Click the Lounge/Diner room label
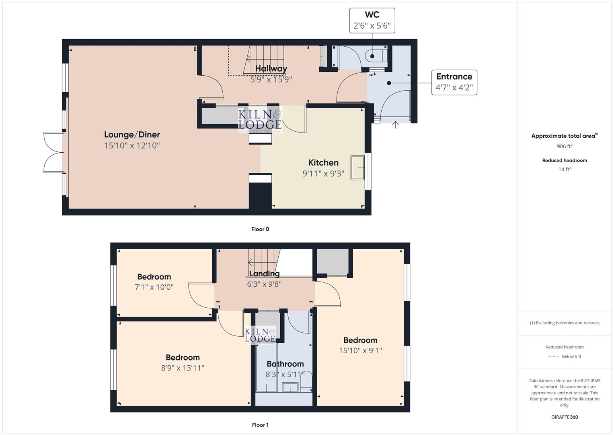(132, 135)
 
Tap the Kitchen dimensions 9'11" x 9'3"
(323, 174)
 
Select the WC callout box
(372, 21)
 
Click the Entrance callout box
(454, 82)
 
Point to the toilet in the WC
(375, 56)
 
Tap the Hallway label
(271, 68)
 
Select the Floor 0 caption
(260, 229)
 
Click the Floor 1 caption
(260, 425)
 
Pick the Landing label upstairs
(264, 273)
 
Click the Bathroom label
(285, 364)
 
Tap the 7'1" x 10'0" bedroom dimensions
(154, 287)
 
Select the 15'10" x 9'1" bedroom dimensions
(360, 350)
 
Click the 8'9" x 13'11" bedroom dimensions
(183, 368)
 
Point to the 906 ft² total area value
(565, 146)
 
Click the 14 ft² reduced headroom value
(565, 169)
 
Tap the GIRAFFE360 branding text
(565, 417)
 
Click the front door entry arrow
(395, 125)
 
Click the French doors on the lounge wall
(53, 152)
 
